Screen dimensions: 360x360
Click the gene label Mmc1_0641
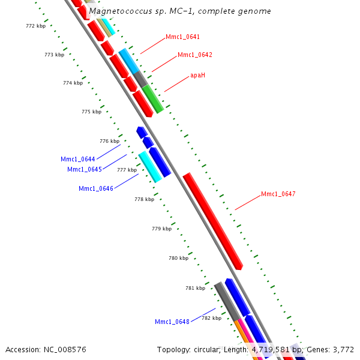[x=182, y=37]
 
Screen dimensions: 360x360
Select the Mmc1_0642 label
[x=194, y=55]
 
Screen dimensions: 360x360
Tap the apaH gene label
[x=197, y=75]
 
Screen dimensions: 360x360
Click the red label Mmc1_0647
[x=278, y=194]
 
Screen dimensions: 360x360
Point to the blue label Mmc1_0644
[x=77, y=159]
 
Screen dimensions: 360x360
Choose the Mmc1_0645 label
[x=84, y=169]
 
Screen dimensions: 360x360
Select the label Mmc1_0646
[x=95, y=188]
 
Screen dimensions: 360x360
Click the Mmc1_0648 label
[x=172, y=322]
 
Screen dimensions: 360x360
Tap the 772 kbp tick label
[x=35, y=26]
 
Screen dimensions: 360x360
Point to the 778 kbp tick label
[x=144, y=199]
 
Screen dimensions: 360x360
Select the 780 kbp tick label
[x=178, y=258]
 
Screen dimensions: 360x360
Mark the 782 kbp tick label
[x=211, y=318]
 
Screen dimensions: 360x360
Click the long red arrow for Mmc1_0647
[x=212, y=221]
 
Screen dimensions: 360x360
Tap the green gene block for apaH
[x=153, y=99]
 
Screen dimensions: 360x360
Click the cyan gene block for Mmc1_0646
[x=150, y=167]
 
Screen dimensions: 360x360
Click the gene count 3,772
[x=342, y=349]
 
